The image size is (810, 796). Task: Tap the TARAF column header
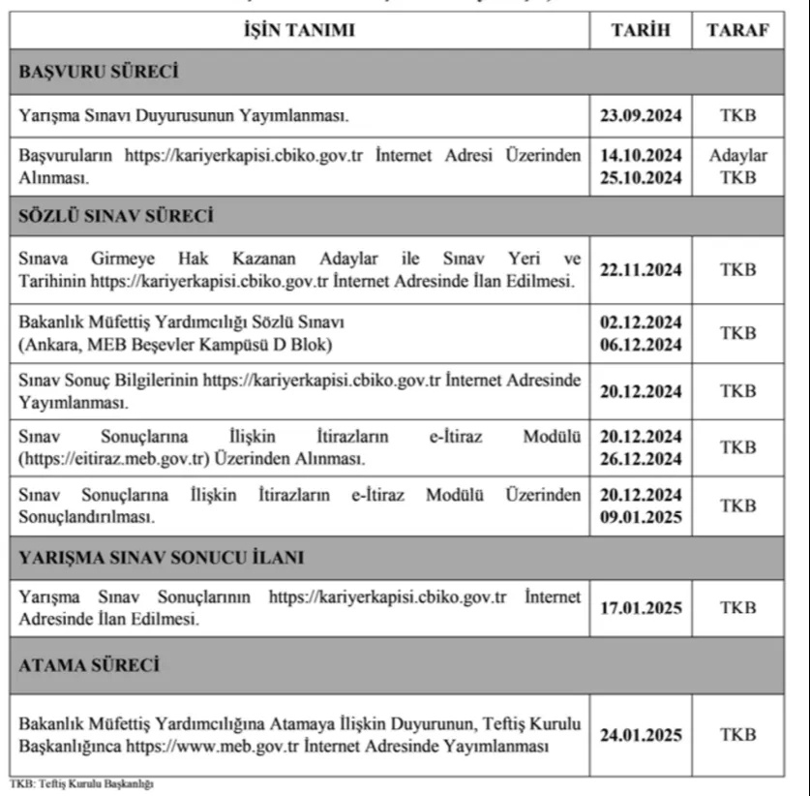click(738, 31)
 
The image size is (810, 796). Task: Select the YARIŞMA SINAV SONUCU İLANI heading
click(162, 557)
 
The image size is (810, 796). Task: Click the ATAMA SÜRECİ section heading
click(89, 665)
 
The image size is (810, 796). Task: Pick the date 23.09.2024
click(640, 115)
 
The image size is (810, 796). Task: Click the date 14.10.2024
click(640, 155)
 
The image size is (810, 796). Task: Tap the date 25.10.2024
click(640, 177)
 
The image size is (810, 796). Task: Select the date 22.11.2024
click(640, 269)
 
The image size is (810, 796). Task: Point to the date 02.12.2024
click(640, 321)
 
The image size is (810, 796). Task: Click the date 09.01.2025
click(640, 517)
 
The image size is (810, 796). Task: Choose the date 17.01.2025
click(640, 608)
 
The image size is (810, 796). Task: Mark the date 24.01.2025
click(640, 735)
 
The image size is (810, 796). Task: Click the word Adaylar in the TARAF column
click(738, 155)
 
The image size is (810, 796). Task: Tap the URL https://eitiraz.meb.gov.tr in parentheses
click(103, 458)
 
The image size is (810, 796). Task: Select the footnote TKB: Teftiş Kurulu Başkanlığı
click(82, 783)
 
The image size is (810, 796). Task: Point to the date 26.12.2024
click(640, 458)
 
